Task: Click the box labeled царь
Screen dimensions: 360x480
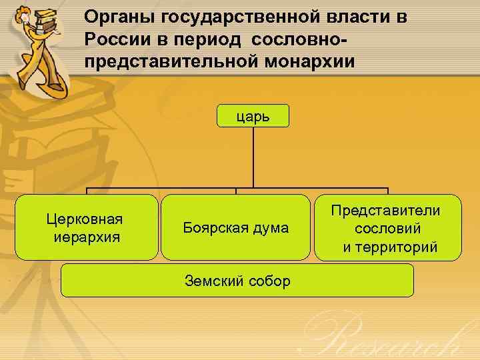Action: pos(253,116)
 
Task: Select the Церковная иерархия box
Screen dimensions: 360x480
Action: pos(87,227)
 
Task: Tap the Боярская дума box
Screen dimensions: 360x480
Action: pos(235,227)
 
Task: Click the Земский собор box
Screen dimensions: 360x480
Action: pos(237,281)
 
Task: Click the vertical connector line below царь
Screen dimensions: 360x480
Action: pos(253,157)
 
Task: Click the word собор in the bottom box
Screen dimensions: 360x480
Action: pos(269,281)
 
